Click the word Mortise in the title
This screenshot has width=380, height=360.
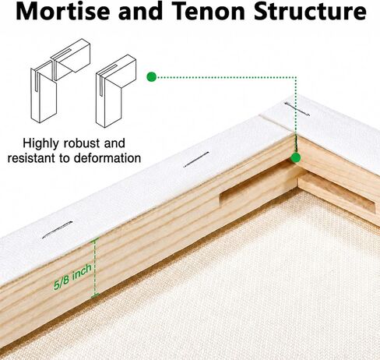[62, 11]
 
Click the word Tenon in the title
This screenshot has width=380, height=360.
[209, 11]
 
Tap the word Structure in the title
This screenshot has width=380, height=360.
[310, 11]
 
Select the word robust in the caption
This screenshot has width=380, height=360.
[82, 143]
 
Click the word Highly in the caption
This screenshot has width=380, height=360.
[41, 143]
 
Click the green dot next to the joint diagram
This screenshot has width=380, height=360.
[152, 77]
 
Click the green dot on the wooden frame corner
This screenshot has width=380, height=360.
[295, 157]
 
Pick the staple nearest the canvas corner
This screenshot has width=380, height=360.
[297, 109]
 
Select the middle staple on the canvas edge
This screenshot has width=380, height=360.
[196, 159]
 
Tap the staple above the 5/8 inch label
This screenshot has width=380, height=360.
[58, 230]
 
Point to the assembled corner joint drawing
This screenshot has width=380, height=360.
[116, 91]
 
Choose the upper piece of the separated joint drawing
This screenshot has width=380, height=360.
[71, 59]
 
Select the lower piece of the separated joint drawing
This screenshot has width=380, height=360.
[44, 91]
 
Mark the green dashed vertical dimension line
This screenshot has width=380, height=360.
[95, 266]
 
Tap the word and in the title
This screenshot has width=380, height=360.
[141, 11]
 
